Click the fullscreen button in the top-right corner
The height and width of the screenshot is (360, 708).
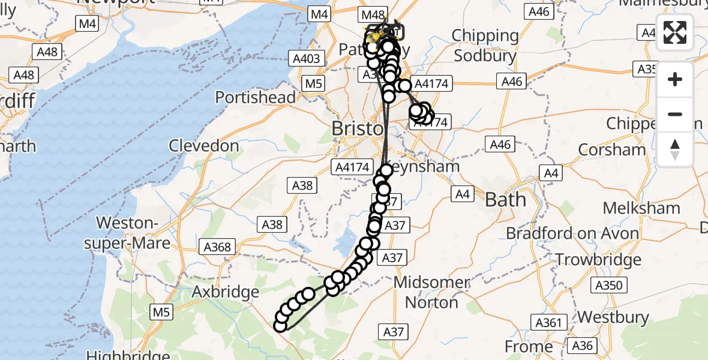pos(675,32)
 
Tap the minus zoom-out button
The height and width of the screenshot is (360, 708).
pos(675,114)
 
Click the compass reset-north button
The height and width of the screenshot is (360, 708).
pos(675,149)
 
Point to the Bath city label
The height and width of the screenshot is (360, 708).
pos(505,199)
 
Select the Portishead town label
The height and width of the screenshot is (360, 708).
pos(255,97)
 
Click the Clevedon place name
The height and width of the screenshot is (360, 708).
pos(204,145)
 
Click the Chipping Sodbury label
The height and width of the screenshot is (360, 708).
pos(485,46)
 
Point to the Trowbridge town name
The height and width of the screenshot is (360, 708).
pos(598,260)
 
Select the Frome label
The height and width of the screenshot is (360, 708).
pos(528,346)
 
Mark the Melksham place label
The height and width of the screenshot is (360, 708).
pos(641,208)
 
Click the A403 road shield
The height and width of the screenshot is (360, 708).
pos(306,58)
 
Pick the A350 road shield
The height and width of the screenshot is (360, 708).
pos(609,285)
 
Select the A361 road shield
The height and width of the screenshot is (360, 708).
pos(549,323)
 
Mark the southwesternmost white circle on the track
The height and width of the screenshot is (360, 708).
pos(280,326)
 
